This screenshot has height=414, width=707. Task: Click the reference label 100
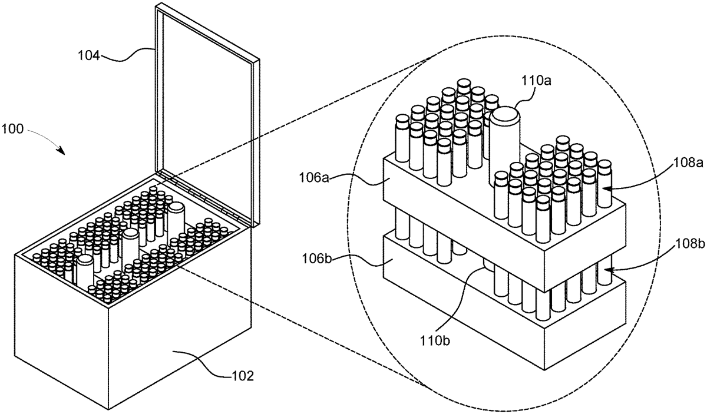[12, 129]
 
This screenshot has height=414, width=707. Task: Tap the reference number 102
[242, 375]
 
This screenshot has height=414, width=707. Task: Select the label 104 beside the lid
[89, 57]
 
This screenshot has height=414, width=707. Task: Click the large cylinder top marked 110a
[505, 115]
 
